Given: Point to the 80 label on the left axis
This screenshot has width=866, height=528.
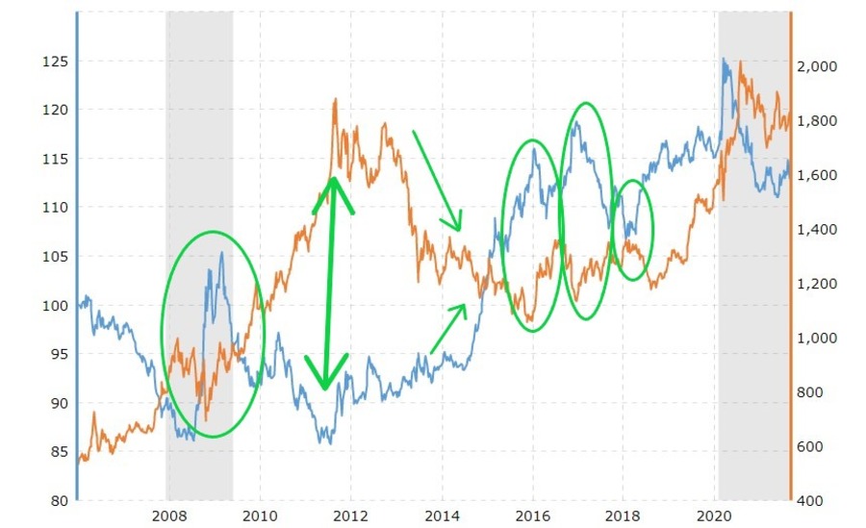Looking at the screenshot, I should [58, 500].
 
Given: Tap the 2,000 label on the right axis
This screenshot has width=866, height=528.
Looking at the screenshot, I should [816, 66].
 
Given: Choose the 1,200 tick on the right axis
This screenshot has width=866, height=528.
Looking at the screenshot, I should [816, 284].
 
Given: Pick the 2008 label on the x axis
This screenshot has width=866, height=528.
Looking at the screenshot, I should [168, 514].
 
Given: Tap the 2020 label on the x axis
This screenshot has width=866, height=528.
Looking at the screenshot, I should [716, 514].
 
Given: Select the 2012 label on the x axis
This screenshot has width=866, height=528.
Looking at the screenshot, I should [350, 514].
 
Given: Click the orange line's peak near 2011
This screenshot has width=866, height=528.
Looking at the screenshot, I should [335, 99].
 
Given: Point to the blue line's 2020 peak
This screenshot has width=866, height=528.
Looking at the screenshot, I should [724, 59].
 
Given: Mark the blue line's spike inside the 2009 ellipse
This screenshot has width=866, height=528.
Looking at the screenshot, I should [221, 253].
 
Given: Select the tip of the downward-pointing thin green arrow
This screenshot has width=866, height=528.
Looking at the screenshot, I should [462, 231].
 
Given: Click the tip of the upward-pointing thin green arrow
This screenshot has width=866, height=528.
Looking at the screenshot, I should [467, 305].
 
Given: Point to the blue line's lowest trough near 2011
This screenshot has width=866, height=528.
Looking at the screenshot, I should [329, 442].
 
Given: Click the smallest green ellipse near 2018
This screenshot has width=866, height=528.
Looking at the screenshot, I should [633, 230].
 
